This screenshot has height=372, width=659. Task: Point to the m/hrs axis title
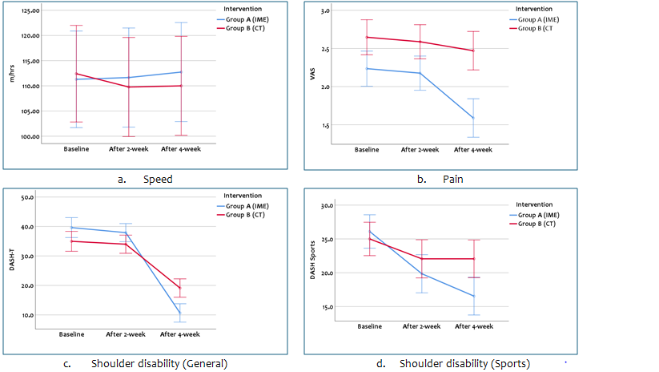coord(10,76)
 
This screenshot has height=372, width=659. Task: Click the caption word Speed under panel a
coord(158,180)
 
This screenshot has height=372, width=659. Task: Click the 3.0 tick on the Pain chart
coord(347,11)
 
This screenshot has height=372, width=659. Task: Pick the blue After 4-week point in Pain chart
coord(472,118)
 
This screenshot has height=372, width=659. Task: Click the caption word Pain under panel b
coord(453,180)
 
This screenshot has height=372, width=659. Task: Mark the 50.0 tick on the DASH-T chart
coord(26,197)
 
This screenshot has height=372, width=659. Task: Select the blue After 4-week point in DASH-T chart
coord(179,313)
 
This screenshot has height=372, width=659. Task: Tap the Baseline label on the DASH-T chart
coord(72,334)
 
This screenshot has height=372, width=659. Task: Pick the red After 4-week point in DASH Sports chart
coord(473,258)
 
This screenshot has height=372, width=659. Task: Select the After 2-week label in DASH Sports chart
coord(421,326)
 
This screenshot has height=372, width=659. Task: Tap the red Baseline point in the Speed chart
coord(76,74)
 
